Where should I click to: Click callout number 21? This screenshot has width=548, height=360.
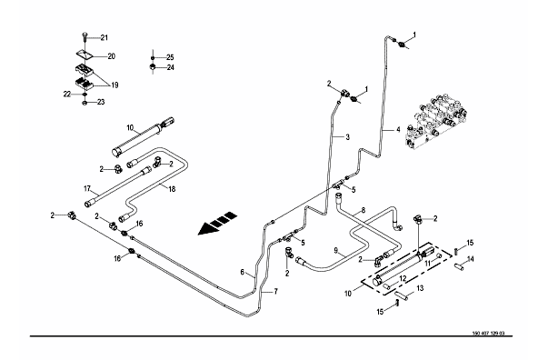click(105, 38)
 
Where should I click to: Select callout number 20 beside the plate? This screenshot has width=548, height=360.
click(111, 56)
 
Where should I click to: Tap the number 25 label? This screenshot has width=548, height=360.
click(170, 57)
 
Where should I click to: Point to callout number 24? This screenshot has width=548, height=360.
click(170, 67)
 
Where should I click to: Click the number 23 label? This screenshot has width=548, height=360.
click(101, 103)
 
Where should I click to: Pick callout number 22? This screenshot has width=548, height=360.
click(67, 94)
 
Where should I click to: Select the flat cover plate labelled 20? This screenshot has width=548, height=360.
click(85, 54)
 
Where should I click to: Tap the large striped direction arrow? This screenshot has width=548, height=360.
click(217, 223)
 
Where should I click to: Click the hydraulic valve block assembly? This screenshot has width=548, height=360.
click(436, 119)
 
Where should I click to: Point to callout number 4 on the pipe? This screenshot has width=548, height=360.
click(398, 130)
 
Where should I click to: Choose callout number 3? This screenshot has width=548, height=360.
click(347, 137)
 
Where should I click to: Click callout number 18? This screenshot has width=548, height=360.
click(172, 189)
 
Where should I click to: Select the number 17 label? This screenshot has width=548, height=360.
click(87, 189)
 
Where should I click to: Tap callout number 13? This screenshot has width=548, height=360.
click(420, 288)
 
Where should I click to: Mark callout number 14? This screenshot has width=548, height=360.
click(471, 259)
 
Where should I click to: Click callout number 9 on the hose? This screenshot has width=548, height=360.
click(336, 250)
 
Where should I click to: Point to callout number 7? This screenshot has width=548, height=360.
click(275, 291)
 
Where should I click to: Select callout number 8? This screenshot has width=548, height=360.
click(364, 210)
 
